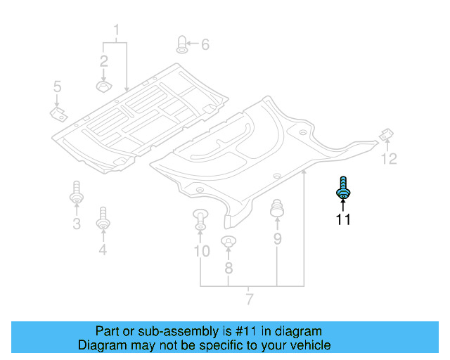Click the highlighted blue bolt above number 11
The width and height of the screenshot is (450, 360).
[x=343, y=188]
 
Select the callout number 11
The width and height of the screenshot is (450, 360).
[x=342, y=219]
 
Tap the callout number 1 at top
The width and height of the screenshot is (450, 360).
[x=117, y=30]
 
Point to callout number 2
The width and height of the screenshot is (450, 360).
[x=103, y=60]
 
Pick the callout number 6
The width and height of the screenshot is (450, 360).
[x=205, y=45]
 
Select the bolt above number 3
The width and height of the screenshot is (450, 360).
[x=76, y=193]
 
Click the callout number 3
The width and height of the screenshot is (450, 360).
[x=76, y=224]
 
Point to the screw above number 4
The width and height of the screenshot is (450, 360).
[x=103, y=218]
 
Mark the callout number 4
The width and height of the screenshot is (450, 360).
[x=103, y=249]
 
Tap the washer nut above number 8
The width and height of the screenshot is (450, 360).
[x=228, y=243]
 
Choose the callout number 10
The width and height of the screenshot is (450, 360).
[x=201, y=250]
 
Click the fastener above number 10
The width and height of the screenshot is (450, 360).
[x=200, y=219]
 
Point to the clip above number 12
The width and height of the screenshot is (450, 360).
[x=385, y=134]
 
